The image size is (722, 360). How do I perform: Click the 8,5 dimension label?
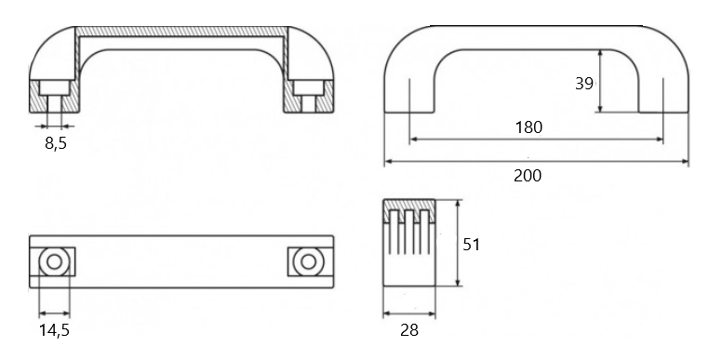pyautogui.click(x=56, y=143)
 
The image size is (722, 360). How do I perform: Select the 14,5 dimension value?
pyautogui.click(x=54, y=330)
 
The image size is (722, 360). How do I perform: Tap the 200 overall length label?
pyautogui.click(x=528, y=176)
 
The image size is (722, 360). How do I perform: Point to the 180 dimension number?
pyautogui.click(x=528, y=127)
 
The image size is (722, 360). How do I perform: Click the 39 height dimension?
pyautogui.click(x=584, y=84)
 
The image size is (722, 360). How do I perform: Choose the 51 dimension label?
pyautogui.click(x=471, y=245)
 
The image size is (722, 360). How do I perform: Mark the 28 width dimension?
pyautogui.click(x=409, y=330)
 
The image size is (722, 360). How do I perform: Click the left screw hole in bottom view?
pyautogui.click(x=54, y=261)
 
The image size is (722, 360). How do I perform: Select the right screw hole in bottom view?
pyautogui.click(x=308, y=261)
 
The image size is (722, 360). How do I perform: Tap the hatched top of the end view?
pyautogui.click(x=409, y=205)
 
